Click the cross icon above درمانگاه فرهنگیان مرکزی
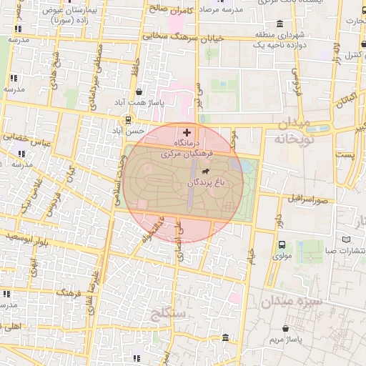tap(187, 132)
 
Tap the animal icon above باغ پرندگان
tap(206, 172)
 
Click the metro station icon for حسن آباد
tap(127, 120)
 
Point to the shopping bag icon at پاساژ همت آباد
tap(138, 91)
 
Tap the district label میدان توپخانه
tap(293, 132)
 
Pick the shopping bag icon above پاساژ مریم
tap(285, 328)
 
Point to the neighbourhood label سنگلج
tap(169, 313)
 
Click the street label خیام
tap(251, 254)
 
